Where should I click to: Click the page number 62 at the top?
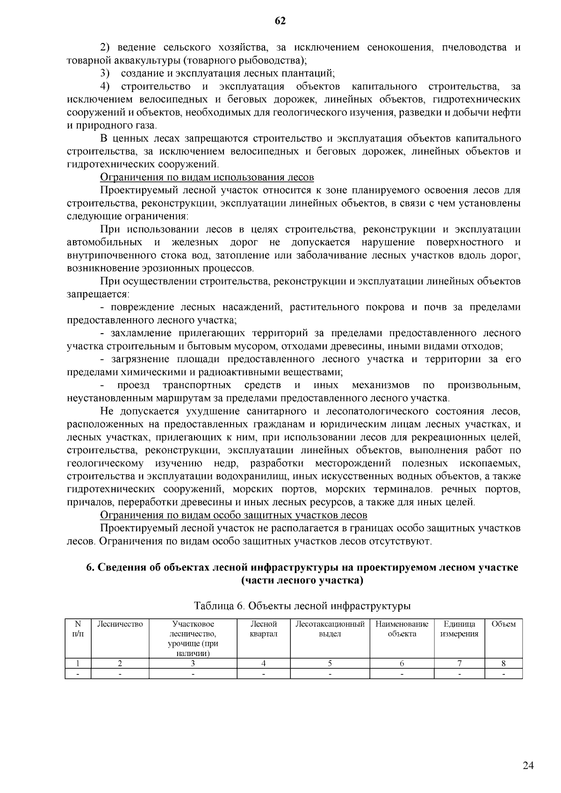point(280,21)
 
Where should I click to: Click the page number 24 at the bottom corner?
point(528,765)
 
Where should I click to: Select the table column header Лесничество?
point(120,624)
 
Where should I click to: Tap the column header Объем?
point(503,624)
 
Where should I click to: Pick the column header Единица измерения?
point(459,629)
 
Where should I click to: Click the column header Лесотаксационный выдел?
point(330,629)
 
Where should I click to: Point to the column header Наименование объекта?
point(402,629)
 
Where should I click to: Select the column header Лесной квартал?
point(264,629)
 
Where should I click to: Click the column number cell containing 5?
point(330,663)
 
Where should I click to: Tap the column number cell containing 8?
point(503,663)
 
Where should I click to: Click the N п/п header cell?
point(78,629)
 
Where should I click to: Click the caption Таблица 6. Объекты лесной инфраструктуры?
point(302,606)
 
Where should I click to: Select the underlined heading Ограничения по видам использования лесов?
point(207,178)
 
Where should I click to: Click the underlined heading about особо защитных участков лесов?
point(234,515)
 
